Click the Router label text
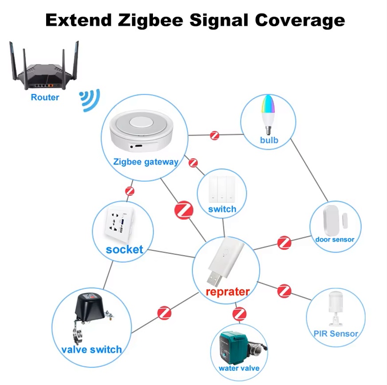coord(45,97)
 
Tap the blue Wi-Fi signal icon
coord(90,101)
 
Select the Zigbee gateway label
coord(146,162)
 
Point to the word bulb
coord(270,140)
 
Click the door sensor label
coord(335,239)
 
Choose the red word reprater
coord(227,292)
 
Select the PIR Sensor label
coord(336,334)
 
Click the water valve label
coord(239,368)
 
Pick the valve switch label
coord(92,350)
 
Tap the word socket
coord(125,249)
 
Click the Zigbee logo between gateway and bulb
coord(215,135)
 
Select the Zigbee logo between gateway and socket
coord(130,191)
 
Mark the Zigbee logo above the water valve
coord(239,314)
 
